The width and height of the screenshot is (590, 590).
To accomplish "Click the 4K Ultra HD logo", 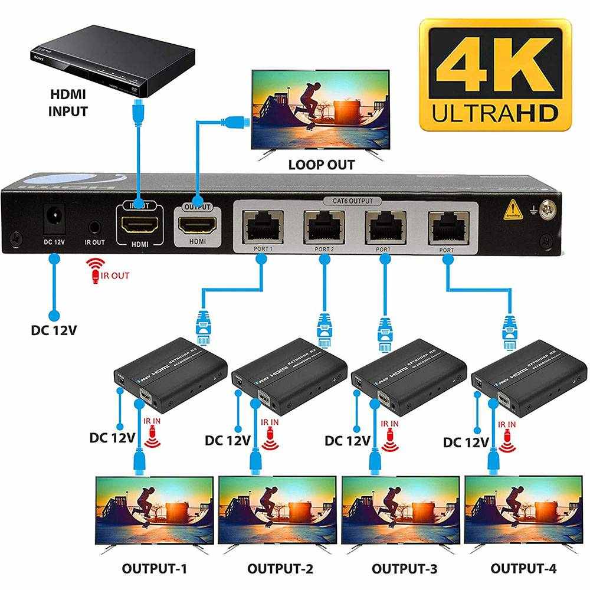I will [x=496, y=73].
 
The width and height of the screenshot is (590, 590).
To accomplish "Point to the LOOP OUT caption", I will [x=322, y=165].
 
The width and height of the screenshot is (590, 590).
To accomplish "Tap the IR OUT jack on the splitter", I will [x=94, y=227].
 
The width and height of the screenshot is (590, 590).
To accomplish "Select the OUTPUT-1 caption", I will [x=154, y=569].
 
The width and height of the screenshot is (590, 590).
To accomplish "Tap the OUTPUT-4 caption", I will [x=523, y=569].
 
